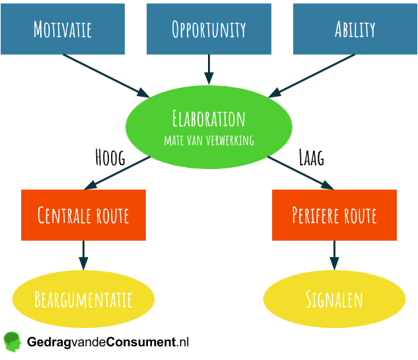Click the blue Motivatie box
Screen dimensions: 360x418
[x=63, y=29]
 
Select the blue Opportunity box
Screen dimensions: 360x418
[x=209, y=29]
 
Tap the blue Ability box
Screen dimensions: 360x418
[x=355, y=29]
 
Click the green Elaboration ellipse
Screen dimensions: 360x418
[x=209, y=126]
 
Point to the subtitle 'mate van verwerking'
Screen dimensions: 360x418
[x=209, y=140]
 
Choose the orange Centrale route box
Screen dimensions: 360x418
[x=83, y=215]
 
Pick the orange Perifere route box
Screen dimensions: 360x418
[x=334, y=215]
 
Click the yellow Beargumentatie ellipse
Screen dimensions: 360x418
[x=83, y=299]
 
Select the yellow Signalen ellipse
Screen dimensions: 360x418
[x=334, y=299]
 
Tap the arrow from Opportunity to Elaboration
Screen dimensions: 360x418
[x=209, y=69]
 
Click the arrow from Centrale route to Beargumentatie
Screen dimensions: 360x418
[x=83, y=255]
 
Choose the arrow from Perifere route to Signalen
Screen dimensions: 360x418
[x=334, y=255]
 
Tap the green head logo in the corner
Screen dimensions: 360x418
[x=12, y=340]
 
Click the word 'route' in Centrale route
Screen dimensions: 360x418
[x=110, y=215]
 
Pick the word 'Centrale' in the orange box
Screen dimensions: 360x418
[x=64, y=215]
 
